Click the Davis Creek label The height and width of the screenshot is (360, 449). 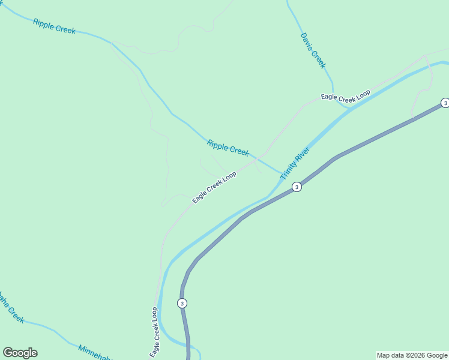(313, 50)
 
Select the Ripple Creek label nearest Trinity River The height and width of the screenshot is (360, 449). (228, 148)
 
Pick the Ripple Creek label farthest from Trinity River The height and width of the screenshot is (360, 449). (54, 26)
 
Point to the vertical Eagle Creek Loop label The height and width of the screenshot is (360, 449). (155, 332)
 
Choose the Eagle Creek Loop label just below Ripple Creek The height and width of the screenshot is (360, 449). (214, 187)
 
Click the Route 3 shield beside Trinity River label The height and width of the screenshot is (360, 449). (297, 187)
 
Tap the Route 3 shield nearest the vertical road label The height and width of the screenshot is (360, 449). (182, 303)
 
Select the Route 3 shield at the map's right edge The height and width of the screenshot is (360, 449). (445, 103)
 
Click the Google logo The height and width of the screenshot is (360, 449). (20, 353)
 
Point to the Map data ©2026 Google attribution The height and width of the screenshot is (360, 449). (412, 355)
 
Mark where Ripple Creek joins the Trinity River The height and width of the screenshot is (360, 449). (281, 175)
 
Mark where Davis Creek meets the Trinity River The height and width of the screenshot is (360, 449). (348, 107)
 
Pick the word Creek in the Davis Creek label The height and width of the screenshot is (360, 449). (319, 59)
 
